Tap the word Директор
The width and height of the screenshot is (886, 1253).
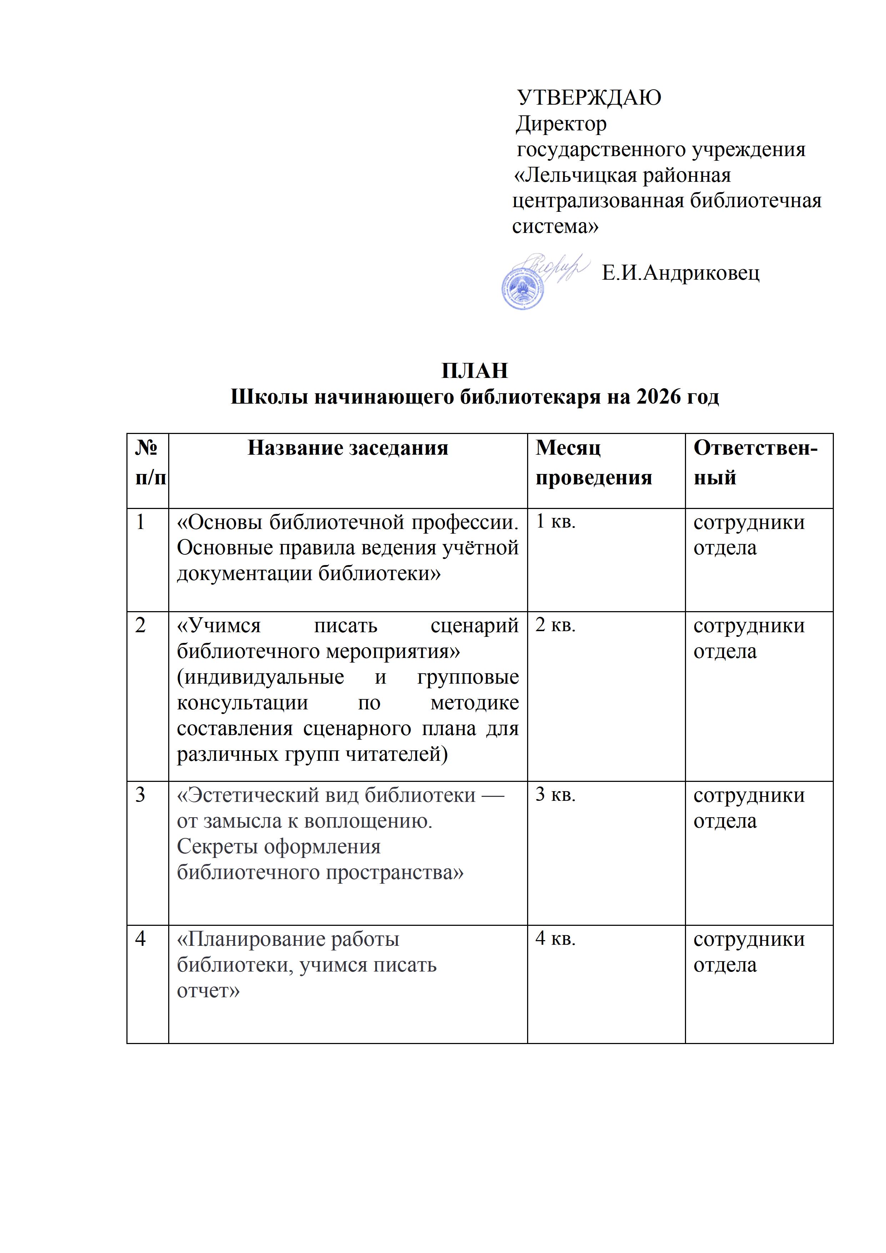(x=561, y=124)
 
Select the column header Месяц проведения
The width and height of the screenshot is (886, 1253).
(x=593, y=463)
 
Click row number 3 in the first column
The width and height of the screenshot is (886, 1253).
(x=141, y=795)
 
